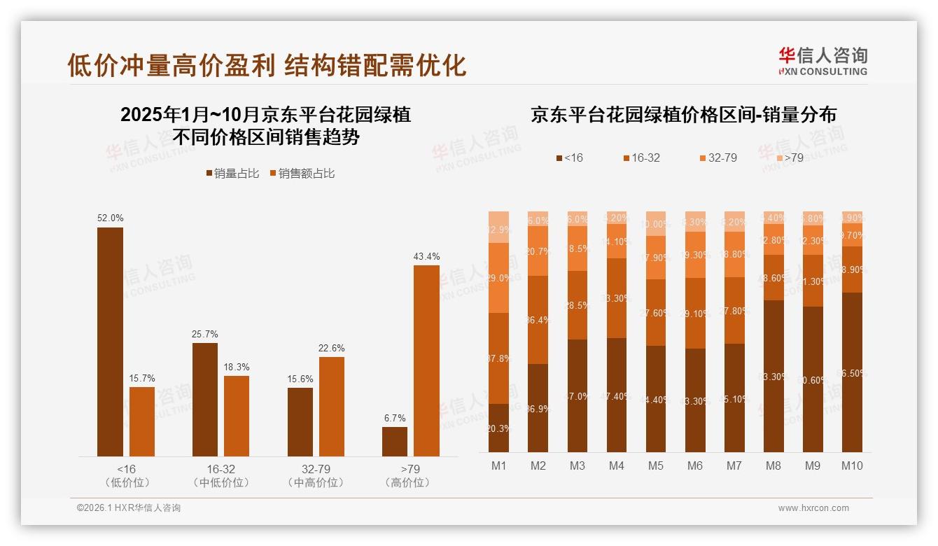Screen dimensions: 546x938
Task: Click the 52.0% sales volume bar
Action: point(110,342)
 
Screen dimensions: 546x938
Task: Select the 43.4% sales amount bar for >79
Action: point(426,360)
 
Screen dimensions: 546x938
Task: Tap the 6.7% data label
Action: point(395,418)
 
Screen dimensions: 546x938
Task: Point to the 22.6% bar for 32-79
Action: point(332,407)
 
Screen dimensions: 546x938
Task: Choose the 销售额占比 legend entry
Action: point(302,174)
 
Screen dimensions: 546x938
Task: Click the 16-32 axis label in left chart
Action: point(220,469)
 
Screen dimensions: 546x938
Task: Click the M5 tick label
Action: point(655,465)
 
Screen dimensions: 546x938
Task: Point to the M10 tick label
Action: point(852,465)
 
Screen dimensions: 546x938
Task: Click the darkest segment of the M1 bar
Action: point(498,428)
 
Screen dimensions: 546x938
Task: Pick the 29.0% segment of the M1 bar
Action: point(498,278)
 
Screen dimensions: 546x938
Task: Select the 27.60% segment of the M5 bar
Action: point(655,312)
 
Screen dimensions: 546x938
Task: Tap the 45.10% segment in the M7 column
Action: point(734,398)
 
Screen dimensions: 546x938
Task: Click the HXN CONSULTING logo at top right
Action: point(822,62)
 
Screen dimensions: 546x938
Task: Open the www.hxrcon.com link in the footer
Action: point(813,508)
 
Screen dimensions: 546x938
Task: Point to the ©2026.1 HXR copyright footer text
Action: point(129,508)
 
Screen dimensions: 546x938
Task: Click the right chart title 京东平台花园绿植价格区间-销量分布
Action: point(683,115)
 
